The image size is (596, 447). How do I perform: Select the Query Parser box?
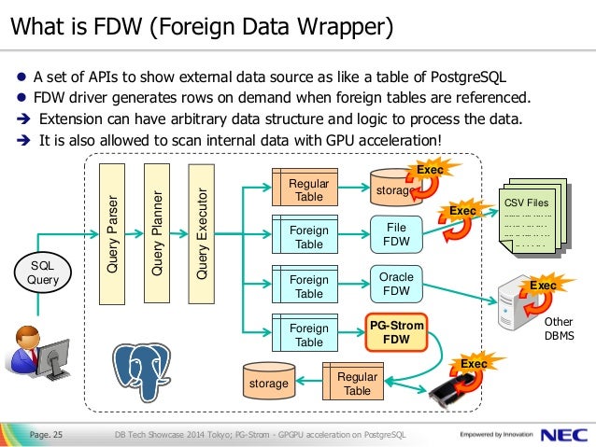(113, 233)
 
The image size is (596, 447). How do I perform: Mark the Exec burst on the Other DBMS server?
(543, 286)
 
